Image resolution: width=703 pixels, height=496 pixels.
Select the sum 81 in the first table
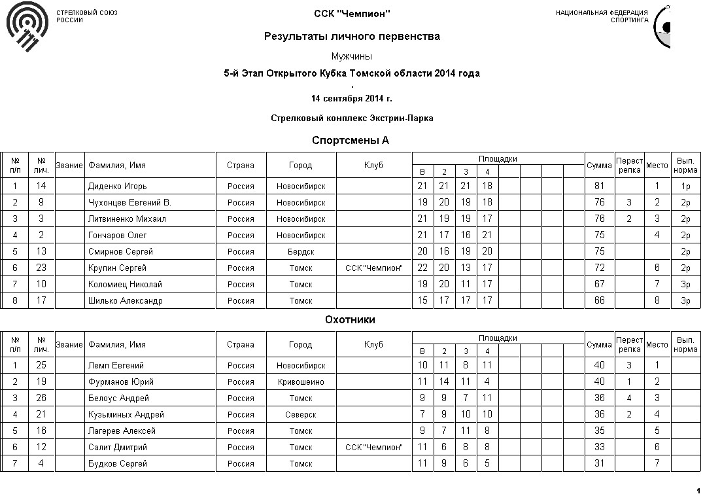(x=599, y=186)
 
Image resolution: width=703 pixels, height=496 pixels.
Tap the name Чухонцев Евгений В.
(x=129, y=203)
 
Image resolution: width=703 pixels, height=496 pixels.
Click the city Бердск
(x=301, y=252)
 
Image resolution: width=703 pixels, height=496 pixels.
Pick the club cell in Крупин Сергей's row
(x=374, y=268)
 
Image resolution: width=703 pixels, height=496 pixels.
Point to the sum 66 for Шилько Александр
(x=599, y=301)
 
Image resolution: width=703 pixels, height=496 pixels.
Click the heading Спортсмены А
(x=351, y=141)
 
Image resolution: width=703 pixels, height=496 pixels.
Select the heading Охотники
(x=351, y=320)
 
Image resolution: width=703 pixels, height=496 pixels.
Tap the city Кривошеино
(x=301, y=382)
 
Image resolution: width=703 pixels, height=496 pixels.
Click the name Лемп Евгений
(x=116, y=366)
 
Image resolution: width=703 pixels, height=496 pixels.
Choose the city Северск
(x=301, y=415)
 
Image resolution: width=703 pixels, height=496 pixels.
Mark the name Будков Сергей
(x=118, y=464)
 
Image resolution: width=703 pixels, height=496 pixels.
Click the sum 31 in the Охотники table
(x=599, y=464)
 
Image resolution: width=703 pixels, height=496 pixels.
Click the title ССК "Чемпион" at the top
(x=352, y=14)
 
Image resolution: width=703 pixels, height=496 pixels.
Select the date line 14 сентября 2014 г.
(x=352, y=99)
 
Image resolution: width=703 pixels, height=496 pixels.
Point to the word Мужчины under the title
(x=352, y=56)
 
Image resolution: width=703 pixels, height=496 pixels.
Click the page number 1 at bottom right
(x=698, y=491)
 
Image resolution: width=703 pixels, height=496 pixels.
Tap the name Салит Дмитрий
(x=118, y=448)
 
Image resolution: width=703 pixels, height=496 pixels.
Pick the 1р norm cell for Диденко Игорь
(x=685, y=186)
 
